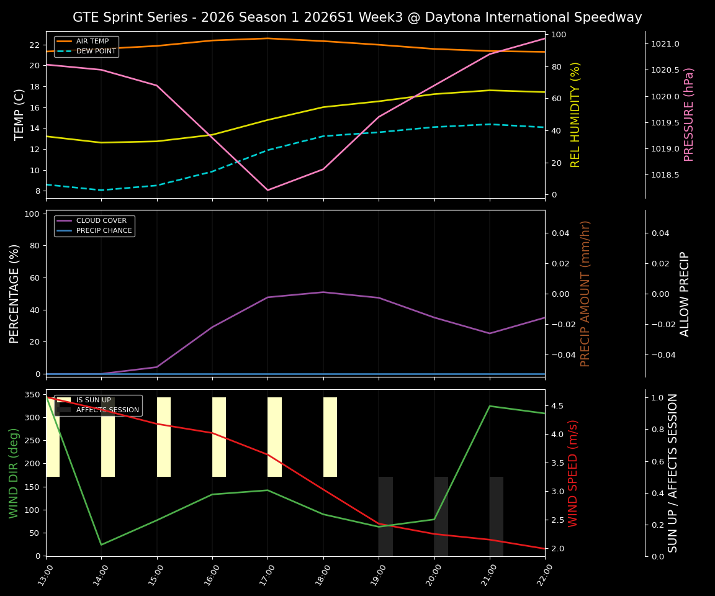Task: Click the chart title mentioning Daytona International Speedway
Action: [x=357, y=17]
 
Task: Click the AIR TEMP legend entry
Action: [x=92, y=41]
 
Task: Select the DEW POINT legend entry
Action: [x=96, y=51]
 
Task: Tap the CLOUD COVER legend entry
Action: [x=101, y=220]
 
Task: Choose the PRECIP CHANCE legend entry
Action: [x=104, y=230]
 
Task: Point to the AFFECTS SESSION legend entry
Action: [x=107, y=410]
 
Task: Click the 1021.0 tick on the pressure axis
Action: [x=665, y=44]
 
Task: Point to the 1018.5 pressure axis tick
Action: [x=665, y=175]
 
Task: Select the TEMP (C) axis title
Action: [x=19, y=114]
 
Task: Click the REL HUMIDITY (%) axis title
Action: [x=575, y=114]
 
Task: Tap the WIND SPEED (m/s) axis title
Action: [x=573, y=473]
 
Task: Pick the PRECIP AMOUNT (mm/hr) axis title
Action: [x=585, y=293]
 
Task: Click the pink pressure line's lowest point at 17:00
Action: [x=268, y=190]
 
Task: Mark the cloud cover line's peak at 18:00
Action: [x=323, y=292]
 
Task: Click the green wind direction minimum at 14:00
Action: [x=101, y=544]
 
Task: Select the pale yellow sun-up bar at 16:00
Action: [x=219, y=437]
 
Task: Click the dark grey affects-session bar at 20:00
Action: [x=441, y=516]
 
